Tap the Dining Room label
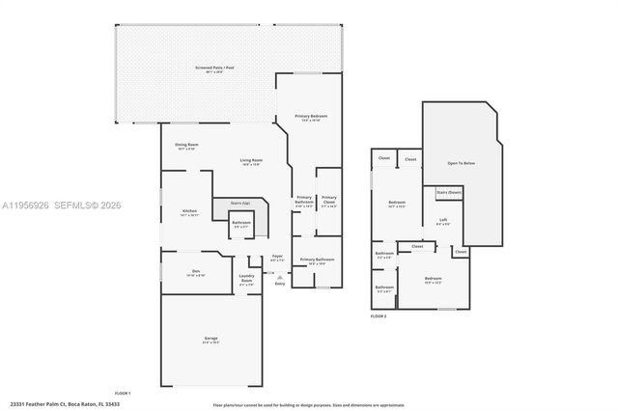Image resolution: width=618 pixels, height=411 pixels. coord(186,147)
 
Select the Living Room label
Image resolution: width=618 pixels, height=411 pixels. coord(252,162)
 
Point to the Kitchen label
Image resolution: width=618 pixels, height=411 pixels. coord(189,212)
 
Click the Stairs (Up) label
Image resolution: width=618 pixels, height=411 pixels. coord(239,204)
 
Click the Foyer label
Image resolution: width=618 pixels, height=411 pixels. coord(277,258)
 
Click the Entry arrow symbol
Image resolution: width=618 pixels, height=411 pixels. coord(280,275)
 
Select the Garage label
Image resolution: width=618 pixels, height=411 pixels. coord(211,340)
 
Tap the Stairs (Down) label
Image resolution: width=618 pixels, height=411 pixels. coord(449,193)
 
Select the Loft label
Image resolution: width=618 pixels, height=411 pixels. coord(443,221)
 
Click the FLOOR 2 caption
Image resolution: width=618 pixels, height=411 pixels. coord(379,316)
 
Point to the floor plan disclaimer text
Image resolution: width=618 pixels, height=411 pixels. coord(308,405)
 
